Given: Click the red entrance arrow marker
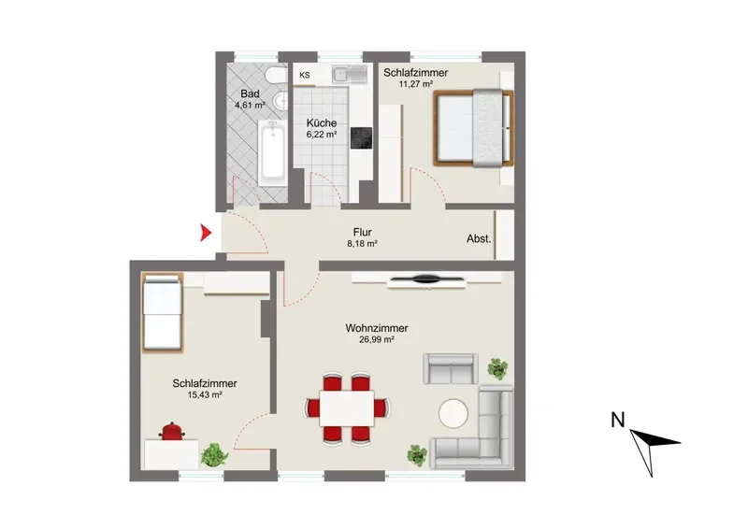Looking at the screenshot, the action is tap(206, 233).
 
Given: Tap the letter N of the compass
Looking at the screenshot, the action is tap(618, 420).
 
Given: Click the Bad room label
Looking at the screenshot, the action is tap(250, 93).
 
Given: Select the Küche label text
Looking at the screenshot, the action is tap(322, 122).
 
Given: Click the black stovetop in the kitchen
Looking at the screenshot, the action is tap(361, 137).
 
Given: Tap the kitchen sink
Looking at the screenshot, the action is tap(350, 74).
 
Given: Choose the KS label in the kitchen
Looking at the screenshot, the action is tap(305, 75).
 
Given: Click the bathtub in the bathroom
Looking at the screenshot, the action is tap(272, 152).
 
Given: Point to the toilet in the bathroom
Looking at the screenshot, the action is tap(276, 76).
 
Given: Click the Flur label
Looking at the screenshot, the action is tap(362, 233).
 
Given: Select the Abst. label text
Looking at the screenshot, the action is tap(479, 239).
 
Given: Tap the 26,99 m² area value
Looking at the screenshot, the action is tap(377, 340).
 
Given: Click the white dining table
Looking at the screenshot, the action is tap(347, 408).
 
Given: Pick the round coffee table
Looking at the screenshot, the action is tap(453, 413).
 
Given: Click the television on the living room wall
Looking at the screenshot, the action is tap(426, 280).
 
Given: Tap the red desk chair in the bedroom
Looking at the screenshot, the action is tap(172, 431).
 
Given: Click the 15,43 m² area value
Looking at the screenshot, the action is tap(205, 395).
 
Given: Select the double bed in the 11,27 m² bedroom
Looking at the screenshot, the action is tap(474, 128).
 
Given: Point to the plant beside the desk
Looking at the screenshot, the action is tap(214, 454).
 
